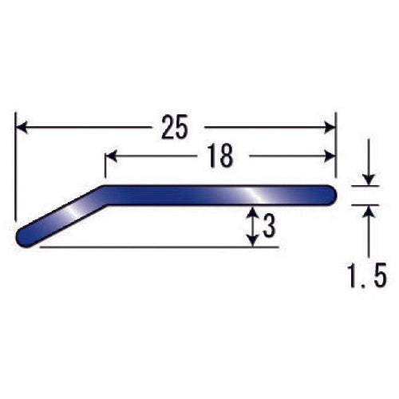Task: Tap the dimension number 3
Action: pos(268,227)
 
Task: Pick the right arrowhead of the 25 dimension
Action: pos(329,127)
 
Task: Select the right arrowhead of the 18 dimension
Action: pos(329,156)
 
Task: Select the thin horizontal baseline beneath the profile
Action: pos(160,247)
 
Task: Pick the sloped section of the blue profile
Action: pos(64,216)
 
